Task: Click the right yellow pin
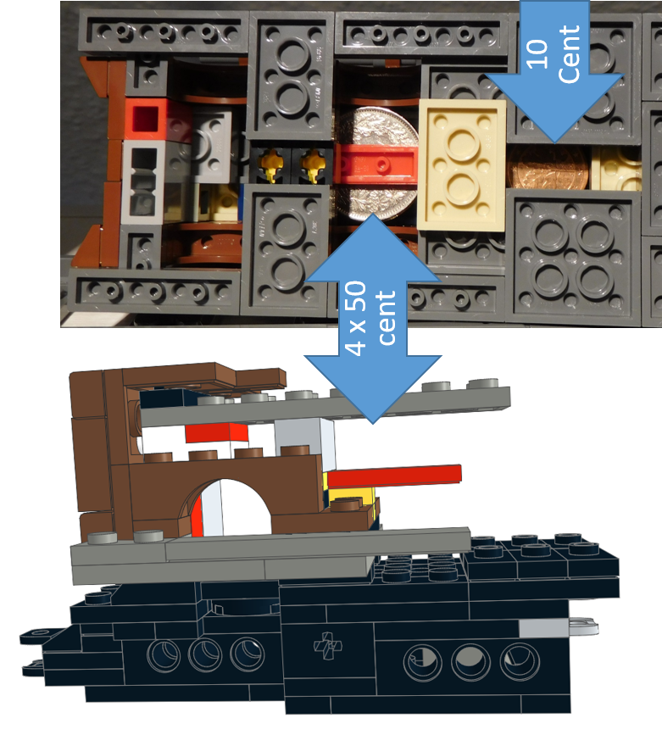[314, 164]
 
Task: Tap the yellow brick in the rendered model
[349, 495]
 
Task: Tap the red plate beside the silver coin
[373, 158]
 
